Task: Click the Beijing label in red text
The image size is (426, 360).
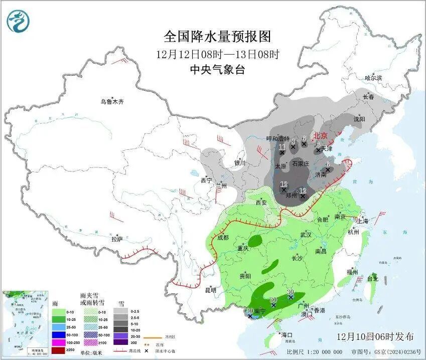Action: coord(320,135)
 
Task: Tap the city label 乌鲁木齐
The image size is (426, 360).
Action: coord(111,102)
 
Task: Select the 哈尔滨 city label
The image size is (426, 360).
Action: coord(373,78)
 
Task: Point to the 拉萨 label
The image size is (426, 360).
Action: coord(116,239)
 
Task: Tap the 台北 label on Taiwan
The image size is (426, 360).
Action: coord(372,278)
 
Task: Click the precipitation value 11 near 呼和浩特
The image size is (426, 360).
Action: coord(281,146)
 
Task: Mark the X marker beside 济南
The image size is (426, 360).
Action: coord(327,169)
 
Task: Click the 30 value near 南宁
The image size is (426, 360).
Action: coord(250,311)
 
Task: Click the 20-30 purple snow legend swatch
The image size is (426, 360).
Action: coord(120,334)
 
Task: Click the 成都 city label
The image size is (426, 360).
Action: coord(223,238)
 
